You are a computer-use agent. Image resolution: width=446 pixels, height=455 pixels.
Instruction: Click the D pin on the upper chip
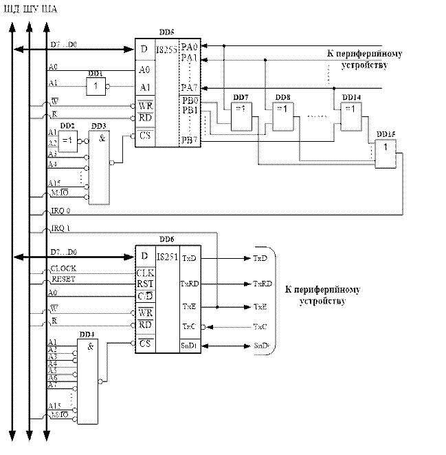click(144, 50)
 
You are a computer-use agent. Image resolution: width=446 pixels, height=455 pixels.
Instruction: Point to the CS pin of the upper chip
click(144, 136)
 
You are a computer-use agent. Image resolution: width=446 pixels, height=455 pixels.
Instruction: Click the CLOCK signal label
click(64, 266)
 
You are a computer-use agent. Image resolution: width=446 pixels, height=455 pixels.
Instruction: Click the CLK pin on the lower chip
click(144, 271)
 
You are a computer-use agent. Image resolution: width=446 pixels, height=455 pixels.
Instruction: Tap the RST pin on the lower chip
click(144, 282)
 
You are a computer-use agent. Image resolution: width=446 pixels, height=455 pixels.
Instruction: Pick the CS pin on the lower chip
click(144, 341)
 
